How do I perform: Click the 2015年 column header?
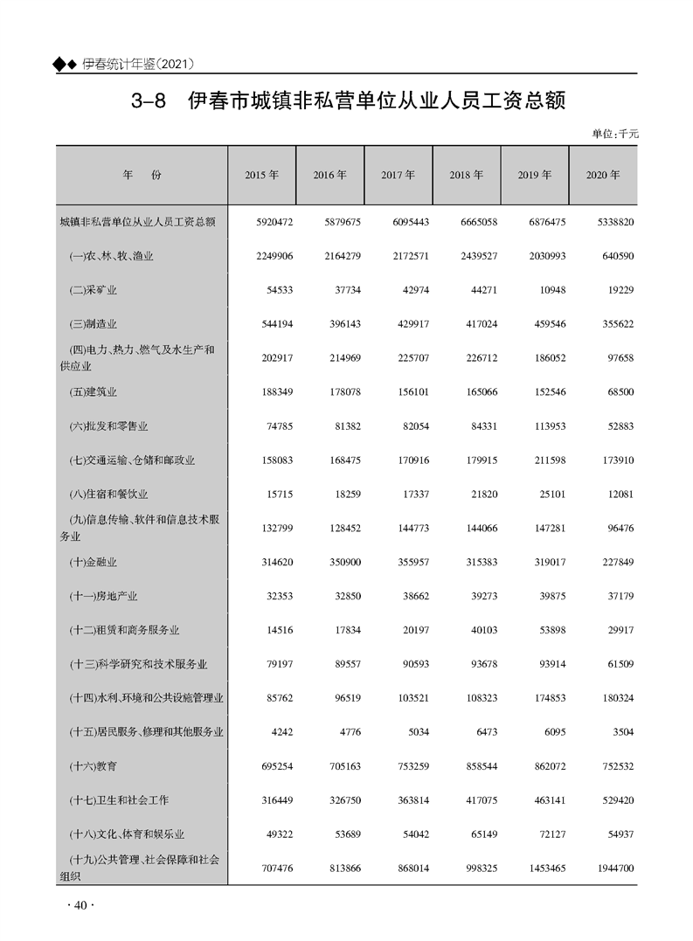(262, 175)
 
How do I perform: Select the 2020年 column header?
(603, 175)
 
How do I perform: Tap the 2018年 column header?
(467, 175)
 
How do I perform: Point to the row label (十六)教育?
(93, 766)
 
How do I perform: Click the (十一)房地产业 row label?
(103, 597)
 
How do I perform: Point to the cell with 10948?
(550, 290)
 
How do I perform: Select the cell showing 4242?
(281, 732)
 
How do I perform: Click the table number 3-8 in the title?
(148, 101)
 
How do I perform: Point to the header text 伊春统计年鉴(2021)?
(137, 64)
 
